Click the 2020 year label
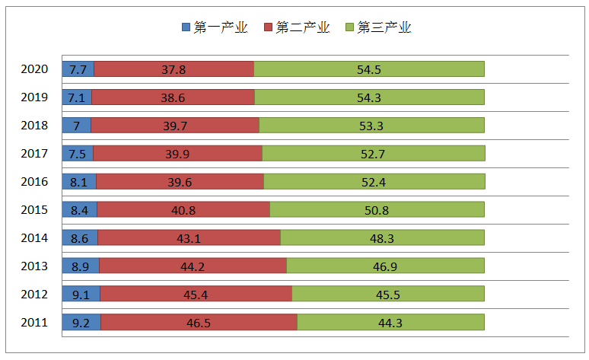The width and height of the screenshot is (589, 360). click(x=34, y=69)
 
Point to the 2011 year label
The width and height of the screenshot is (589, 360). click(x=34, y=323)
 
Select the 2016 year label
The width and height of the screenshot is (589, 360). click(x=34, y=182)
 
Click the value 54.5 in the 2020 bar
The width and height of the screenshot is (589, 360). click(x=368, y=69)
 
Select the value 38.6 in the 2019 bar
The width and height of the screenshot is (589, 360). click(x=173, y=97)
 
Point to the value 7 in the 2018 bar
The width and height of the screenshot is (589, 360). click(x=76, y=126)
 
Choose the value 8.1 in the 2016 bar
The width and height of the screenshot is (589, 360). click(x=79, y=182)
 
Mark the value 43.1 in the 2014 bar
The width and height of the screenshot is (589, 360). click(x=189, y=238)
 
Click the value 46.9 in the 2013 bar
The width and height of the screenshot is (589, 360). click(x=385, y=266)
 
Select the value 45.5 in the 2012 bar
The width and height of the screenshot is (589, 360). click(x=387, y=295)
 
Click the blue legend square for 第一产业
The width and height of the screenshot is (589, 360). click(x=186, y=27)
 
